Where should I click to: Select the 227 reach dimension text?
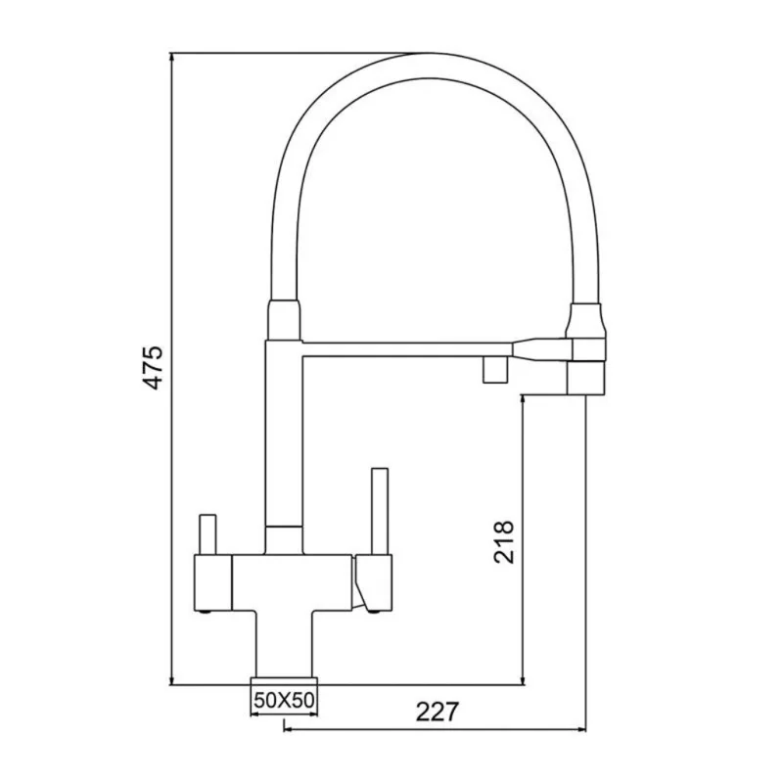tap(437, 712)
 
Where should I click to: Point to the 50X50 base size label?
tap(283, 700)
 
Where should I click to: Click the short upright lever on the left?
tap(207, 534)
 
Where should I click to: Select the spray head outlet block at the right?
tap(584, 377)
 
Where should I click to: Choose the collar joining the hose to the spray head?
tap(585, 321)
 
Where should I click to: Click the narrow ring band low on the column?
tap(283, 529)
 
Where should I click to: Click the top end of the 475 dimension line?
tap(172, 53)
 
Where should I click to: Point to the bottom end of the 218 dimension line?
tap(526, 683)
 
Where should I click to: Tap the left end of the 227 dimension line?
tap(284, 728)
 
